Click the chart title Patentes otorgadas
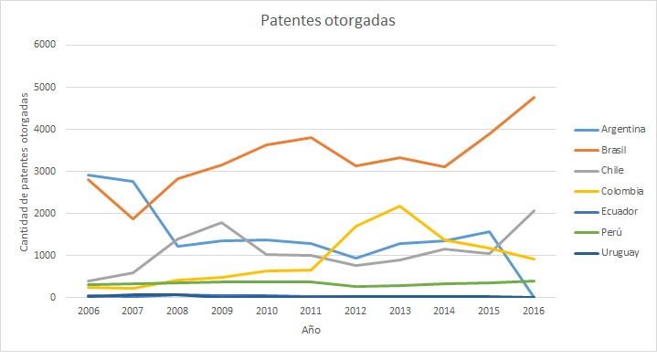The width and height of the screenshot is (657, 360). click(x=328, y=20)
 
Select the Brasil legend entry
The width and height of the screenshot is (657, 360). click(x=613, y=150)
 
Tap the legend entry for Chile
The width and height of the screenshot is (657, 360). click(x=611, y=171)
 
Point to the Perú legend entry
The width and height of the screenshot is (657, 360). click(x=610, y=233)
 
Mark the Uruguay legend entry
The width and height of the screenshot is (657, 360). click(x=618, y=253)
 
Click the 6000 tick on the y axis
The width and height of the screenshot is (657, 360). click(x=45, y=45)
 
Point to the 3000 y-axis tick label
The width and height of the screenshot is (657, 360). click(x=45, y=171)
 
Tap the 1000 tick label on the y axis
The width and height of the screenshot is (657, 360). click(x=45, y=255)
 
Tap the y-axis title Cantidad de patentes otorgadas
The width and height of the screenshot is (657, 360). click(x=24, y=171)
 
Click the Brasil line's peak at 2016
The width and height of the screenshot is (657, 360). click(x=534, y=97)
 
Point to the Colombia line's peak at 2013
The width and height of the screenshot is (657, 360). click(x=398, y=206)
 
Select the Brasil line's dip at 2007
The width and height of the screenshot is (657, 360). click(x=133, y=218)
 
